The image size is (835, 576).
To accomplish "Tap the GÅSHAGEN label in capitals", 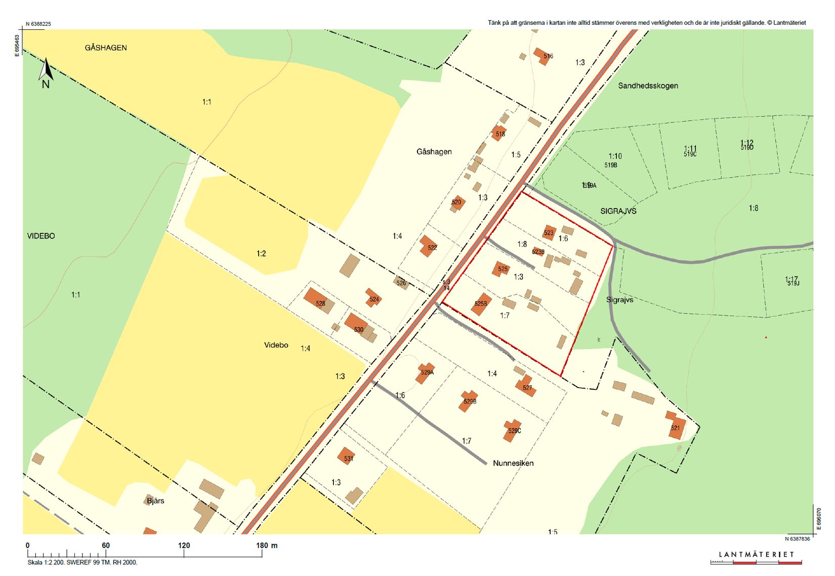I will tap(106, 48).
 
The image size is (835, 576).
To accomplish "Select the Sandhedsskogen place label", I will tap(648, 86).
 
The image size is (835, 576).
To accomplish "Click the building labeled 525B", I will tap(481, 304).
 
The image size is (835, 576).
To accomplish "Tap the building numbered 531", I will tap(347, 457).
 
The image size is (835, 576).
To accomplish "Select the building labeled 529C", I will tap(513, 430).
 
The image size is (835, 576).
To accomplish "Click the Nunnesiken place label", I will tap(513, 463).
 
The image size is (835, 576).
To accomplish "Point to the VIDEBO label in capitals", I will tap(41, 236).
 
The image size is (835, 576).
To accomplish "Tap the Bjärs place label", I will tap(155, 501).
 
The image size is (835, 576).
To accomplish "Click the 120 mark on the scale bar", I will tap(184, 546).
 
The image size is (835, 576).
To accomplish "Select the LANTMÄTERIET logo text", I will tap(757, 555).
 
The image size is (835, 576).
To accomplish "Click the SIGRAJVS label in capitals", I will tap(618, 211).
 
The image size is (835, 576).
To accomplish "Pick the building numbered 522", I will tap(429, 246).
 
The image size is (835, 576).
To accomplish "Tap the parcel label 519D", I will tap(747, 148).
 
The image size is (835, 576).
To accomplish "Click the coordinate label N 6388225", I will tap(38, 24).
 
